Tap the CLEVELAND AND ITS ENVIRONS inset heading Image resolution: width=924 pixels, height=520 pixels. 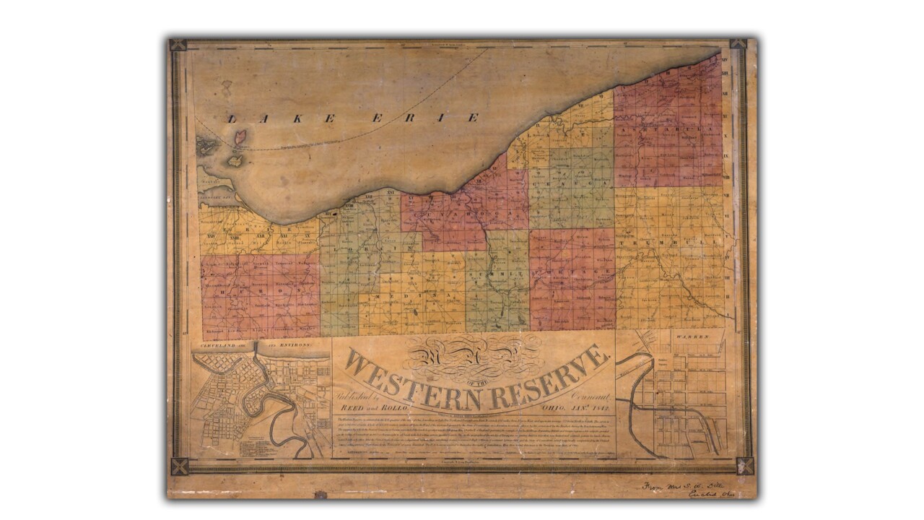pos(250,346)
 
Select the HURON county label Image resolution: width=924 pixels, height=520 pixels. pos(260,284)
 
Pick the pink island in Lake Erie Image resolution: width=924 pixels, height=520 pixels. pos(240,136)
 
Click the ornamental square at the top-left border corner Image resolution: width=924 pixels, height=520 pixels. pos(178,45)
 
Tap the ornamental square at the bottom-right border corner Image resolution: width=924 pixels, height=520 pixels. pos(744,466)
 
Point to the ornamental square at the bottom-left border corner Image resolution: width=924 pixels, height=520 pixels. pos(178,466)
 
